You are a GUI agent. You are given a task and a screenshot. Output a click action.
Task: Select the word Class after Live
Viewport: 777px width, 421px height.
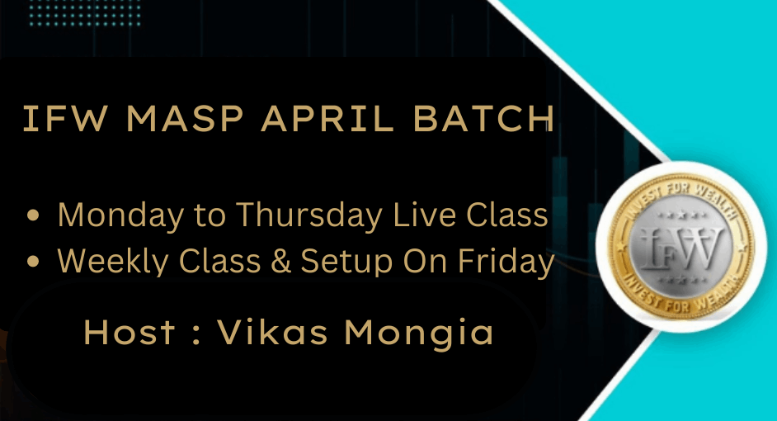(x=505, y=215)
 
